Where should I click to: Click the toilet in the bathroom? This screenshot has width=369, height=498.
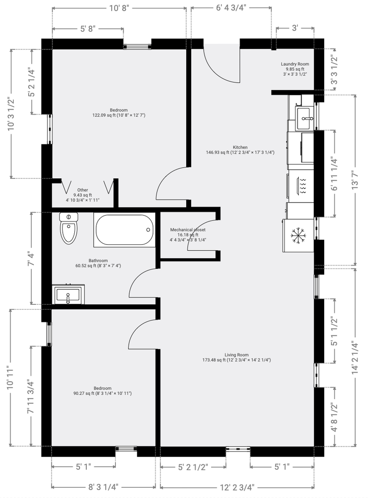(69, 228)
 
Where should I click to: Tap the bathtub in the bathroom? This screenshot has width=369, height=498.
(124, 230)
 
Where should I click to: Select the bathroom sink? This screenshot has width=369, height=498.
(68, 294)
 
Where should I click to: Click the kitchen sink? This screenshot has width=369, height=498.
(304, 119)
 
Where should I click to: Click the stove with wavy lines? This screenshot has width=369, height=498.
(301, 186)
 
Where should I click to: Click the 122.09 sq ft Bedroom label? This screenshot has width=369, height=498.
(119, 113)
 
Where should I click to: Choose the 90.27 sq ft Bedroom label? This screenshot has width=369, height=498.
(103, 391)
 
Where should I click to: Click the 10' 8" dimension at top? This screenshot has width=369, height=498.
(119, 8)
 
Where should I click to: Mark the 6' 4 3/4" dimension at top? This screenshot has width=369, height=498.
(231, 8)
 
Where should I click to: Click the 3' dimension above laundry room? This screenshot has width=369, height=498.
(295, 28)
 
